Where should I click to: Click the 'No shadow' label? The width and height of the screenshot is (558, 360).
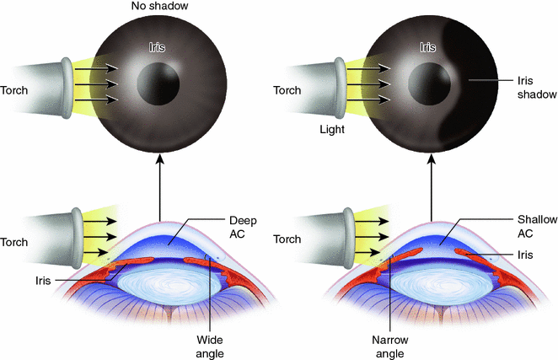(x=158, y=8)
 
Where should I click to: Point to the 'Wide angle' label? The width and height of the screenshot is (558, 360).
(x=208, y=342)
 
